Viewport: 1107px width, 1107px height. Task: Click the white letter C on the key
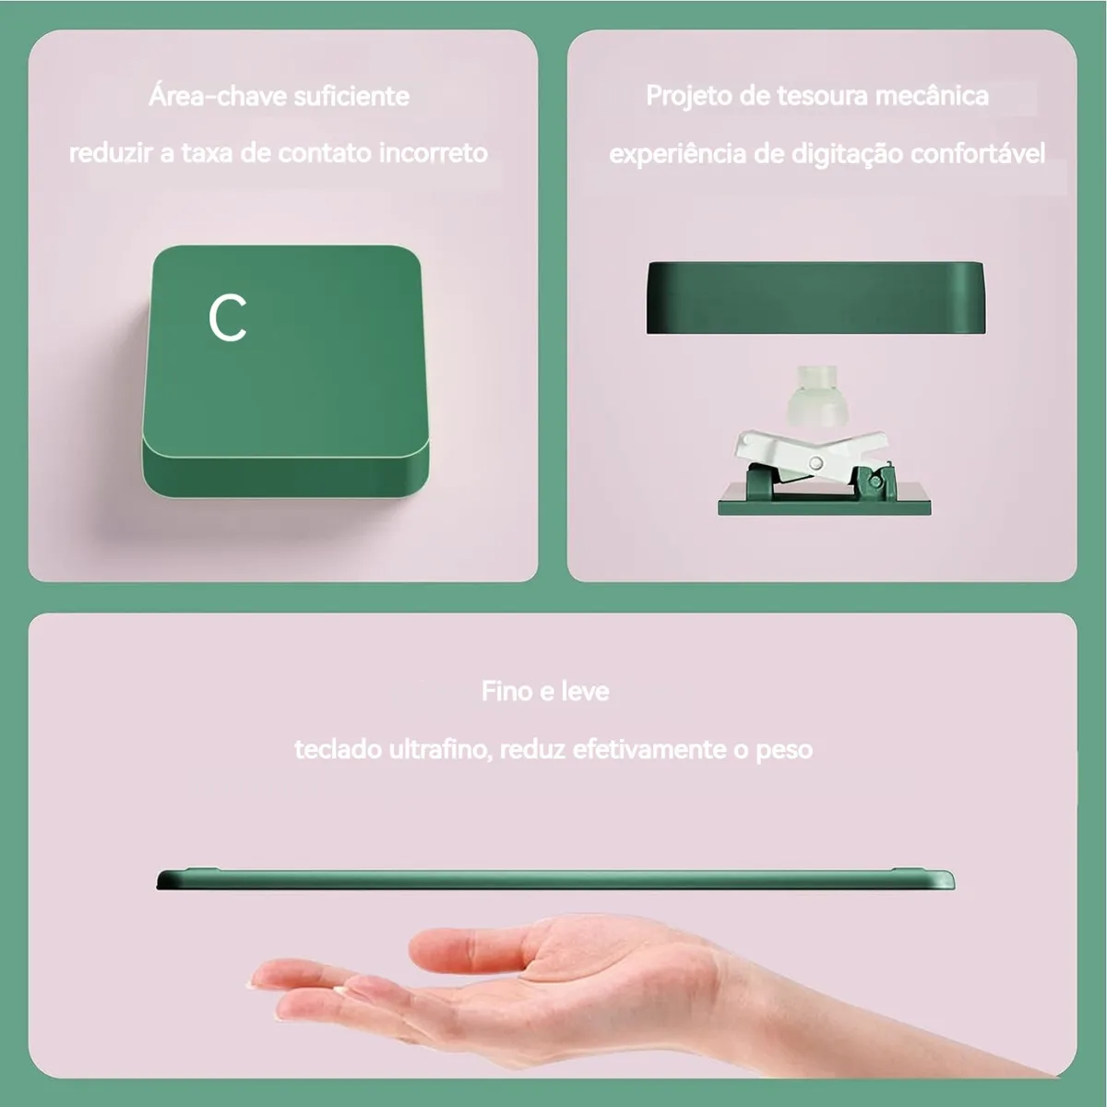pyautogui.click(x=228, y=318)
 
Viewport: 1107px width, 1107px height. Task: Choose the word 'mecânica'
pyautogui.click(x=932, y=95)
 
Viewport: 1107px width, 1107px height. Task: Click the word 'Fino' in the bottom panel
pyautogui.click(x=506, y=691)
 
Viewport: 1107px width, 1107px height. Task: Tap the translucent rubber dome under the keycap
pyautogui.click(x=815, y=397)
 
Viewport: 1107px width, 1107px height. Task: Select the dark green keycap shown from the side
pyautogui.click(x=815, y=298)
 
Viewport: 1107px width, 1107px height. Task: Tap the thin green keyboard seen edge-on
pyautogui.click(x=555, y=879)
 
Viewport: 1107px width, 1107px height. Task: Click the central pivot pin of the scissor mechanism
pyautogui.click(x=815, y=462)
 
